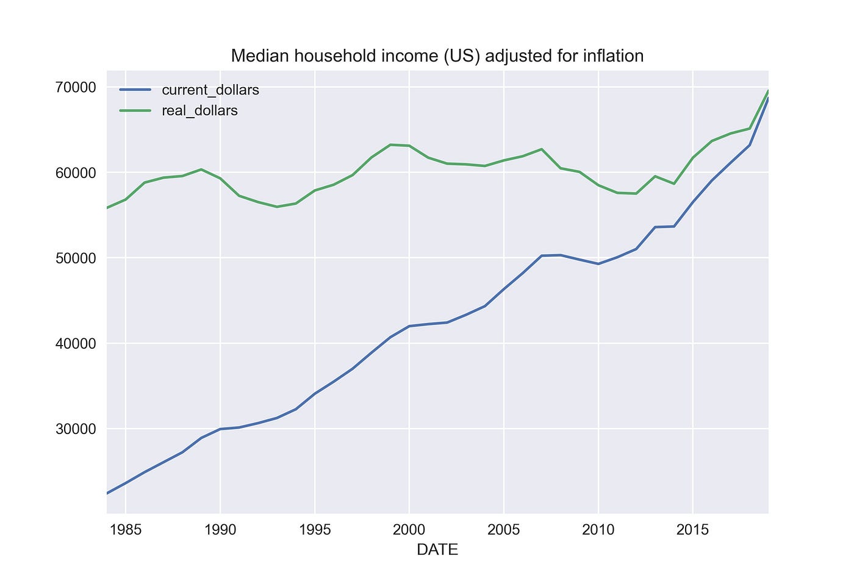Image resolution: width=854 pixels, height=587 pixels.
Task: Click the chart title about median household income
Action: [437, 56]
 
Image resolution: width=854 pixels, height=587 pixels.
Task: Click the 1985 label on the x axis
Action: [125, 529]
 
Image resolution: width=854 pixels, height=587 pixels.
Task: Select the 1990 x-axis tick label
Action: [220, 529]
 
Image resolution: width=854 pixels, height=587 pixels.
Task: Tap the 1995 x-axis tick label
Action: [314, 529]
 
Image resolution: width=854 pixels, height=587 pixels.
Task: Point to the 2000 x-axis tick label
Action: [409, 529]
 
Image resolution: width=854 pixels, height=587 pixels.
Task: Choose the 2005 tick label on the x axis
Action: [503, 529]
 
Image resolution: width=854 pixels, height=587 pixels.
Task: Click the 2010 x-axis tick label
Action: [598, 529]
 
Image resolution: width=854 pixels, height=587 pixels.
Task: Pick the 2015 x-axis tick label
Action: [692, 529]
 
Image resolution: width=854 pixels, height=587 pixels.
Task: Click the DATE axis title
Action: [437, 550]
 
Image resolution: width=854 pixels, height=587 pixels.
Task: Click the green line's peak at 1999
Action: [390, 144]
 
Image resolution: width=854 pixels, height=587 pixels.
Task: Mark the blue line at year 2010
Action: [598, 263]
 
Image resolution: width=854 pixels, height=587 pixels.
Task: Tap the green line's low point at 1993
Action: [277, 207]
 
